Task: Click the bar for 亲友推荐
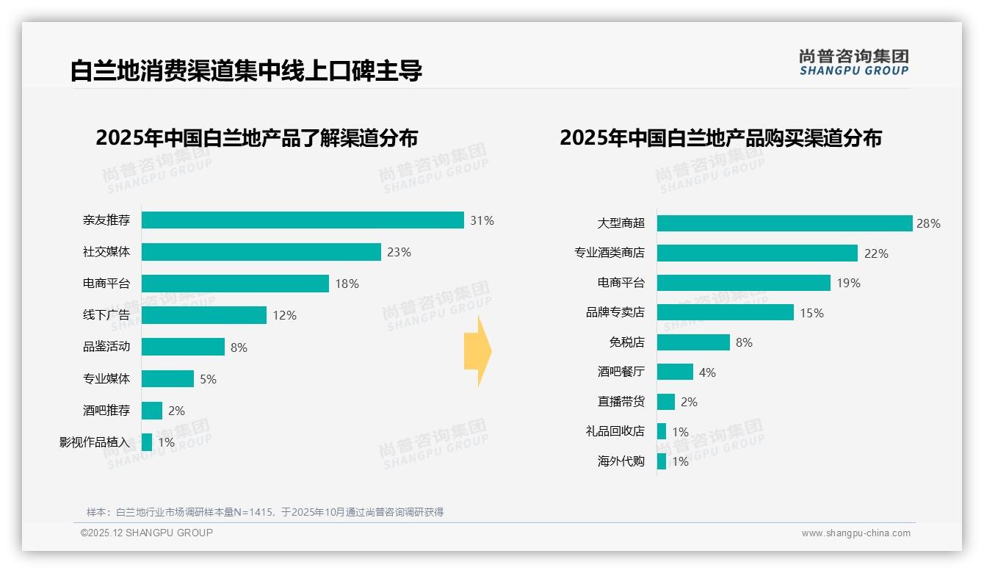(x=303, y=220)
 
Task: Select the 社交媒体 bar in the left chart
(x=261, y=252)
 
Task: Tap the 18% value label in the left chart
(x=347, y=284)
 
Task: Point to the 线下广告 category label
(x=106, y=315)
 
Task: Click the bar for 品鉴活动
(x=183, y=347)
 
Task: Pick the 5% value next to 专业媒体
(x=208, y=379)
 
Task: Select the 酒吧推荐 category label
(x=106, y=411)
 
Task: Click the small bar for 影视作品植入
(x=147, y=442)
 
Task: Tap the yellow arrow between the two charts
(x=478, y=351)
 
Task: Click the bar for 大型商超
(x=784, y=223)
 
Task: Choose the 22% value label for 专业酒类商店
(x=876, y=253)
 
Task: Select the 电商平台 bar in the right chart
(x=743, y=283)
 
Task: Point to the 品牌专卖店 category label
(x=615, y=313)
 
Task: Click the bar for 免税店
(x=693, y=342)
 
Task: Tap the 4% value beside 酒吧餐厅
(x=707, y=372)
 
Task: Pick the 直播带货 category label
(x=621, y=402)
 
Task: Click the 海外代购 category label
(x=621, y=461)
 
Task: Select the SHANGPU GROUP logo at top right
(x=853, y=62)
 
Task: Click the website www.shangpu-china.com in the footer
(x=855, y=533)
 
